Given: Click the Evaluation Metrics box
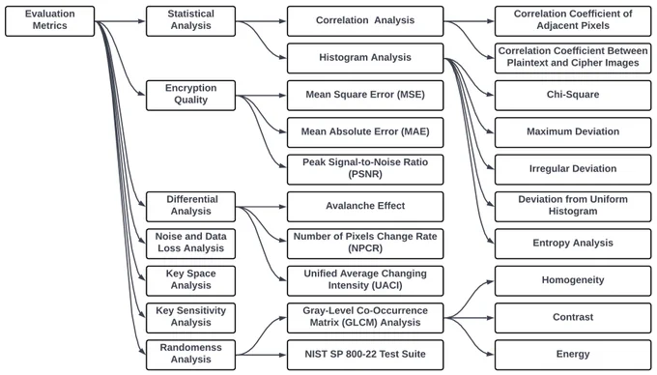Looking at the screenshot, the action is (x=50, y=21).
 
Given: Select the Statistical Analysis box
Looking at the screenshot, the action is (x=190, y=21).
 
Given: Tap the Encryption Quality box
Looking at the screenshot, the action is (x=190, y=96).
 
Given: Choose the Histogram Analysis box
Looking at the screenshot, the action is (x=365, y=58).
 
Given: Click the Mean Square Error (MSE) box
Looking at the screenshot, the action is (x=365, y=96).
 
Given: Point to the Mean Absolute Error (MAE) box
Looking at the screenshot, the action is (x=365, y=132).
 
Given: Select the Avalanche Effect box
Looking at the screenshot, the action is (x=365, y=207).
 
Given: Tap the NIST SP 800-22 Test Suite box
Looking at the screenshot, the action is (x=365, y=355).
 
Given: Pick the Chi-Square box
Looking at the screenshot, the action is (x=573, y=96).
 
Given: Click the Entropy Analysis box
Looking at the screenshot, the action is (x=573, y=244).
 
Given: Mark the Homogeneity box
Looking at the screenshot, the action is (x=573, y=280).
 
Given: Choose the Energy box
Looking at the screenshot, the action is (x=573, y=355).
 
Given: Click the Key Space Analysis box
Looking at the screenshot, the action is (x=190, y=280).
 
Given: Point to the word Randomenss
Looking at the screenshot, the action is (x=190, y=348).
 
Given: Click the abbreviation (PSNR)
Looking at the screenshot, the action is (x=365, y=174).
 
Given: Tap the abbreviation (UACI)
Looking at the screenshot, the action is (x=365, y=286).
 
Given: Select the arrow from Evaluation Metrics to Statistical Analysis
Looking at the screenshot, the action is (x=120, y=21).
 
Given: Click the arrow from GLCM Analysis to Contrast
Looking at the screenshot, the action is (x=470, y=318).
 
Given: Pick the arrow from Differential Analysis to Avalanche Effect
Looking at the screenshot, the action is (x=261, y=207).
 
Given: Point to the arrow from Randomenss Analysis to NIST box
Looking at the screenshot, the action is (x=261, y=355).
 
